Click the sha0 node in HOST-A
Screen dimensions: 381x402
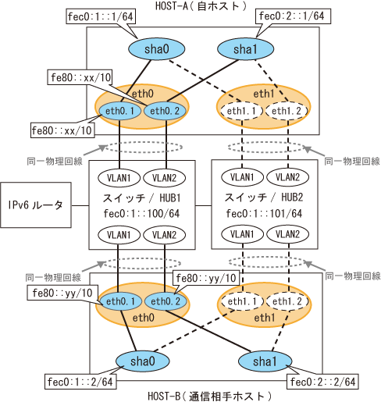point(156,49)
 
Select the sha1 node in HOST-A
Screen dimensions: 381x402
point(245,49)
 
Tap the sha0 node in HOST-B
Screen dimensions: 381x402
point(143,361)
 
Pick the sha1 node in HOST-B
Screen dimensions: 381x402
point(265,361)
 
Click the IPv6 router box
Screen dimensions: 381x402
point(36,205)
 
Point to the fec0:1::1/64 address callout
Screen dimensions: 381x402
point(101,16)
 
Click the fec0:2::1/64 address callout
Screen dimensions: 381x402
point(292,16)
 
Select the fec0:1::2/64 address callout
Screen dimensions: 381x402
point(80,382)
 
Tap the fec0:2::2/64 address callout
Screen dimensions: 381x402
point(322,382)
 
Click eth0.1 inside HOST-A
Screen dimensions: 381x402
point(120,111)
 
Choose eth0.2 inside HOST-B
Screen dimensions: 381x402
point(166,301)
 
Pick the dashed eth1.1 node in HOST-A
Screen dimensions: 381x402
point(242,111)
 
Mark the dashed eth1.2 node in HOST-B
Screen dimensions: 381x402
point(287,301)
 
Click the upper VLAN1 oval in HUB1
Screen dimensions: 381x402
point(119,178)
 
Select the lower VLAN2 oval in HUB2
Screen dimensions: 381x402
point(287,234)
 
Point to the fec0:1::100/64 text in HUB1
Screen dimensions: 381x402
point(141,214)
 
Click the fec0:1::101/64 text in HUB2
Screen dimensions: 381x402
point(264,214)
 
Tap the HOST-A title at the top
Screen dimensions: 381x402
point(201,6)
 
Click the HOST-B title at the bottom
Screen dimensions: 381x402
point(209,397)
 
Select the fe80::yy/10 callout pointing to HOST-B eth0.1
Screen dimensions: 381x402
point(62,293)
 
